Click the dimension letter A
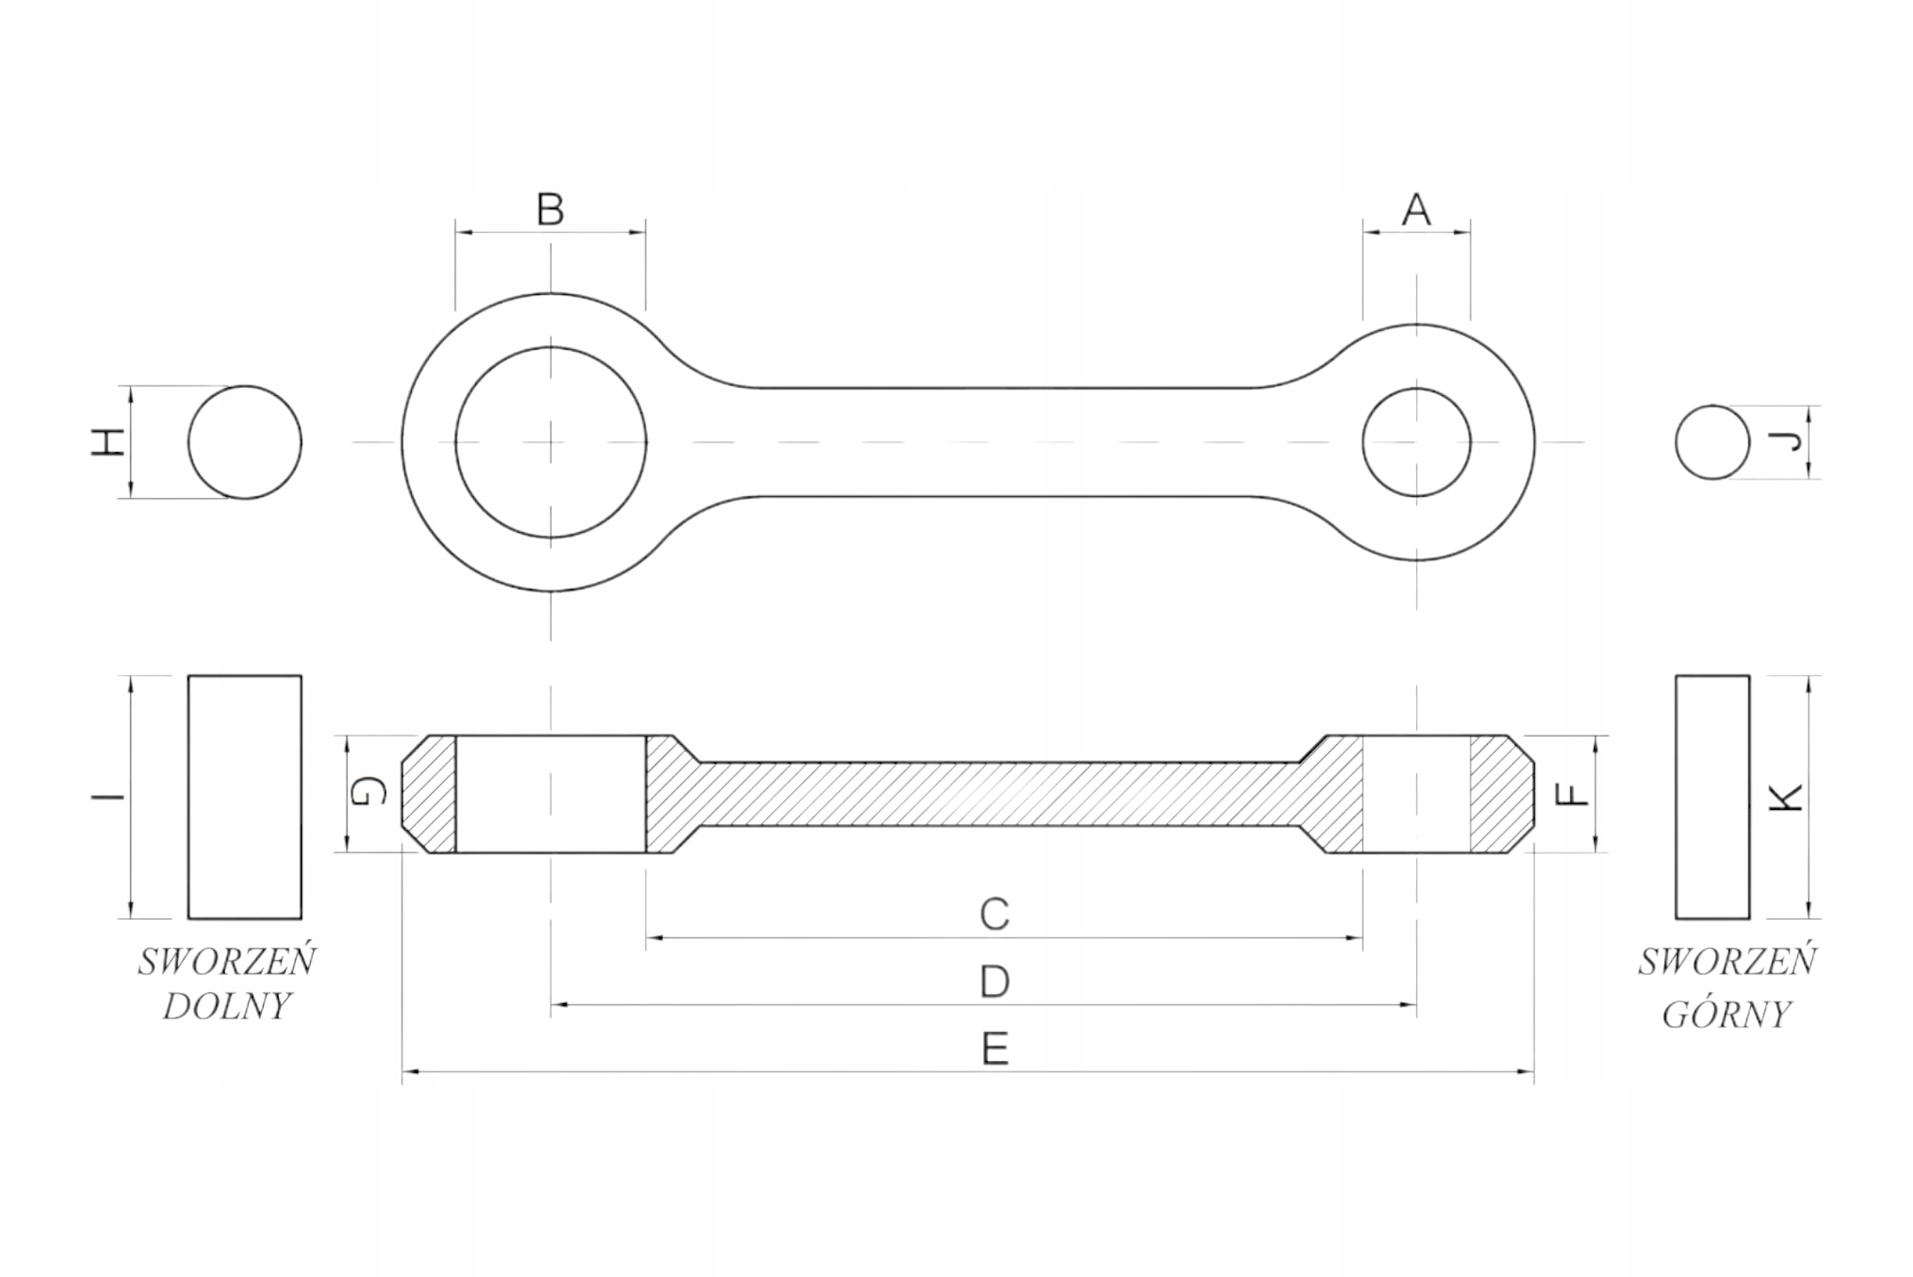(x=1415, y=210)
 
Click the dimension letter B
(x=551, y=210)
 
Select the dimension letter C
(x=995, y=915)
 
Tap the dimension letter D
(x=995, y=982)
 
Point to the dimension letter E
(x=995, y=1049)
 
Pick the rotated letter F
(x=1571, y=794)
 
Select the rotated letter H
(x=108, y=442)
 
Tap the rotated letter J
(x=1785, y=442)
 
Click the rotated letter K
(x=1786, y=797)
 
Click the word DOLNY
(x=226, y=1007)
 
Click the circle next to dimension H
(x=244, y=442)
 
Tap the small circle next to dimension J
(x=1712, y=442)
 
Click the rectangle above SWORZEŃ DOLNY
(x=244, y=797)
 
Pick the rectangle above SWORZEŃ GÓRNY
(x=1712, y=797)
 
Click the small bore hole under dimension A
(x=1415, y=442)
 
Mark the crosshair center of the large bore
(x=551, y=442)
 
